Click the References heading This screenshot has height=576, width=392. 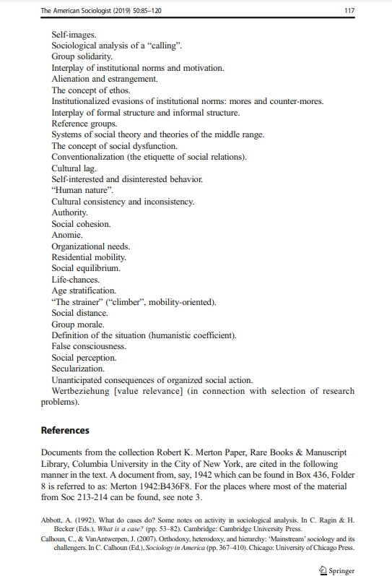tap(65, 430)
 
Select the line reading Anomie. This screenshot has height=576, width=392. tap(66, 236)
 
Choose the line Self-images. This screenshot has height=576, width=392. tap(74, 34)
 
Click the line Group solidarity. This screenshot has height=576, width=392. tap(82, 56)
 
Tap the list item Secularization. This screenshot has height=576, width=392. tap(78, 369)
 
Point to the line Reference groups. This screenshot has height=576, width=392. tap(84, 124)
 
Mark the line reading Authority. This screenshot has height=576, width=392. tap(69, 213)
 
